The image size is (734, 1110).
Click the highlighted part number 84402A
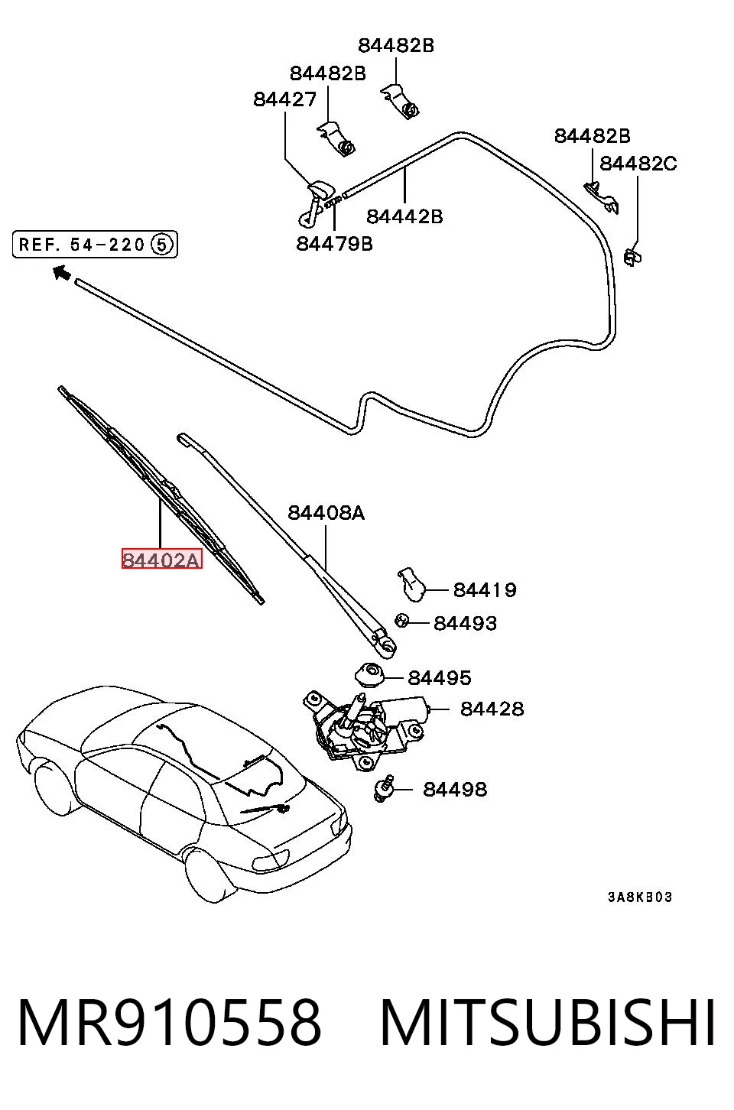(161, 560)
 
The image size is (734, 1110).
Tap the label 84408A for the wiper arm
(326, 512)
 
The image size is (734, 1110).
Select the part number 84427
(284, 99)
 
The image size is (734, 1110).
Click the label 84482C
(638, 163)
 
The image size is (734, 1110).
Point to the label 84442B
(404, 216)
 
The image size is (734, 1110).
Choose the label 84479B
(335, 243)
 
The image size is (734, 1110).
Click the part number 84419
(485, 589)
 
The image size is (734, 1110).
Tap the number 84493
(465, 623)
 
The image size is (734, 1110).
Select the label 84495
(439, 677)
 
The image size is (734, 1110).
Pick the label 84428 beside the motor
(492, 709)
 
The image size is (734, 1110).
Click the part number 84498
(455, 789)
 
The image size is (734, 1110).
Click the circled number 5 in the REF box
(162, 245)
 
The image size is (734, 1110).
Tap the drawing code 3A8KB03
(640, 897)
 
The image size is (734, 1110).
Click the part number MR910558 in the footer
(170, 1023)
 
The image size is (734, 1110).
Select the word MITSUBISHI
(547, 1023)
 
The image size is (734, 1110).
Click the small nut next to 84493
(401, 620)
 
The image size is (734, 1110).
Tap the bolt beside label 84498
(384, 788)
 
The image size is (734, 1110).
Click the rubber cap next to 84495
(370, 674)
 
